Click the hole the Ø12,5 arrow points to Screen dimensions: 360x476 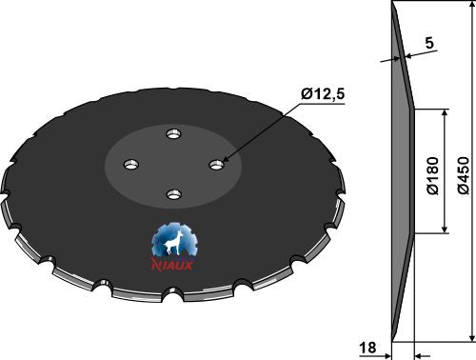click(x=217, y=166)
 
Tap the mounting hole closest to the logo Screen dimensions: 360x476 click(x=172, y=194)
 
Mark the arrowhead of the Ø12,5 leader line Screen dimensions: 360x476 click(x=224, y=161)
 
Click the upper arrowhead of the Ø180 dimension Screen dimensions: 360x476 click(x=445, y=112)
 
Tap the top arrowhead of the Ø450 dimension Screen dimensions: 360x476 click(x=468, y=8)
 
